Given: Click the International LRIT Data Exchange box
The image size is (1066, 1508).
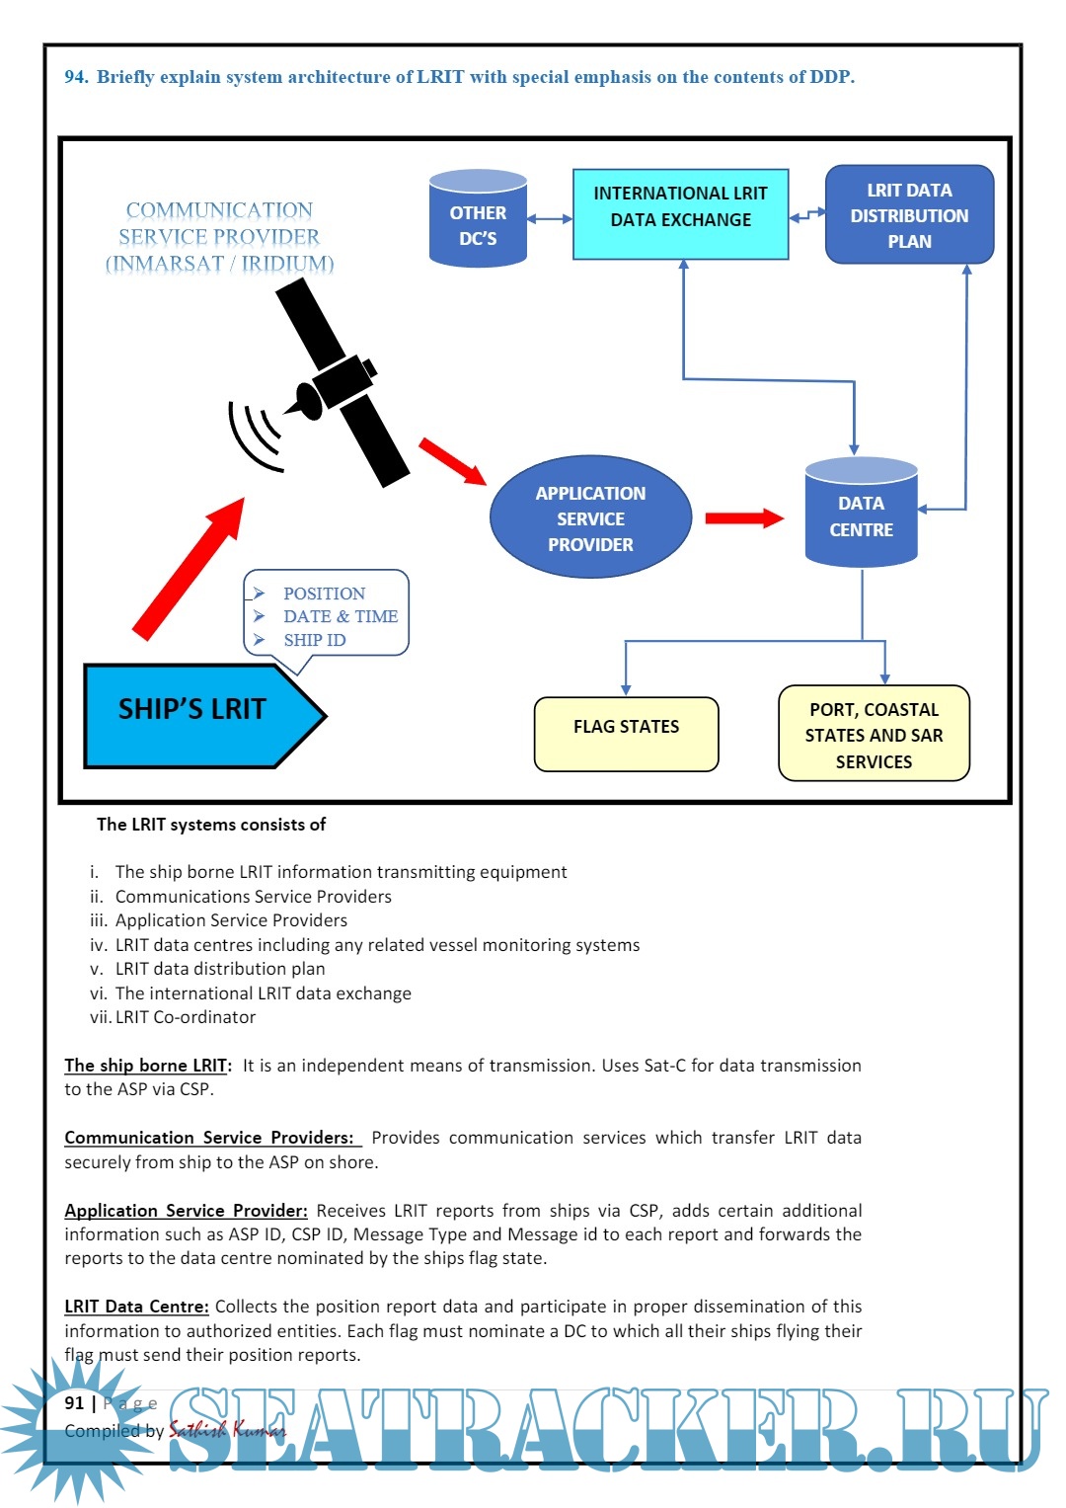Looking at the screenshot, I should pos(680,214).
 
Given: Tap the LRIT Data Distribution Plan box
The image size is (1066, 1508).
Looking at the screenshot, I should pos(909,215).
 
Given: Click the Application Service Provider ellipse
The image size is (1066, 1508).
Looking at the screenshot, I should pos(590,517).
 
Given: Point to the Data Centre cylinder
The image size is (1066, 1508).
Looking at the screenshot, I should pos(861,514).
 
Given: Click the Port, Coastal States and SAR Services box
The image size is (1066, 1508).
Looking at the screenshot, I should pos(874,734).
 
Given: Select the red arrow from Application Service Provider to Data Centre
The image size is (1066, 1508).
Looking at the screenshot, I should pos(743,517).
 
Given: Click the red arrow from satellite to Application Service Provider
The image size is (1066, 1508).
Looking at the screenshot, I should pos(452,461).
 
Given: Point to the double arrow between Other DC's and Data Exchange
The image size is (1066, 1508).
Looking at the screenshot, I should pos(550,219).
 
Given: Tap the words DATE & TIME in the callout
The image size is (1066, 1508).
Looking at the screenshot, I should pos(341,616).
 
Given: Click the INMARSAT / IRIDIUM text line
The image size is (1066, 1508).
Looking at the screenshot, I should pos(219,264).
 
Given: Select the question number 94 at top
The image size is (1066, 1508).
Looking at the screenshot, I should pos(76,77).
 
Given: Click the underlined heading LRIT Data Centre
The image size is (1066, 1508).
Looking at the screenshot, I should pos(136,1307).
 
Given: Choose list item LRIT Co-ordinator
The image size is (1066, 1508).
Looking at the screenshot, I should pos(186,1017).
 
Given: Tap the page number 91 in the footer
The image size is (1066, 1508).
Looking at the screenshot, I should pos(74,1402).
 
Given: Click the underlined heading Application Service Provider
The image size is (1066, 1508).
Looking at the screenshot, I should pos(186,1211).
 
